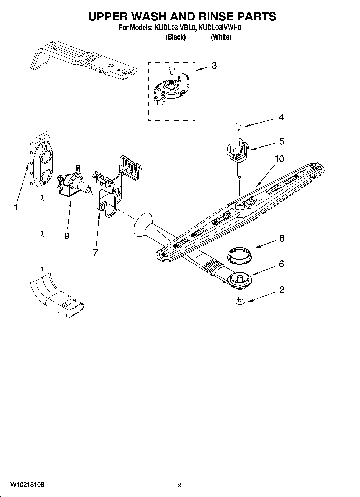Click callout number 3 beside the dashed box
(214, 66)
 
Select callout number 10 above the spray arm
(279, 159)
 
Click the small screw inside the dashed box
(170, 70)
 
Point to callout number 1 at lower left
(16, 208)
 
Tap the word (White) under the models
(221, 37)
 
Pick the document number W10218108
(27, 485)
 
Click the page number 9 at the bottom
(180, 485)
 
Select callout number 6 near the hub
(281, 264)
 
